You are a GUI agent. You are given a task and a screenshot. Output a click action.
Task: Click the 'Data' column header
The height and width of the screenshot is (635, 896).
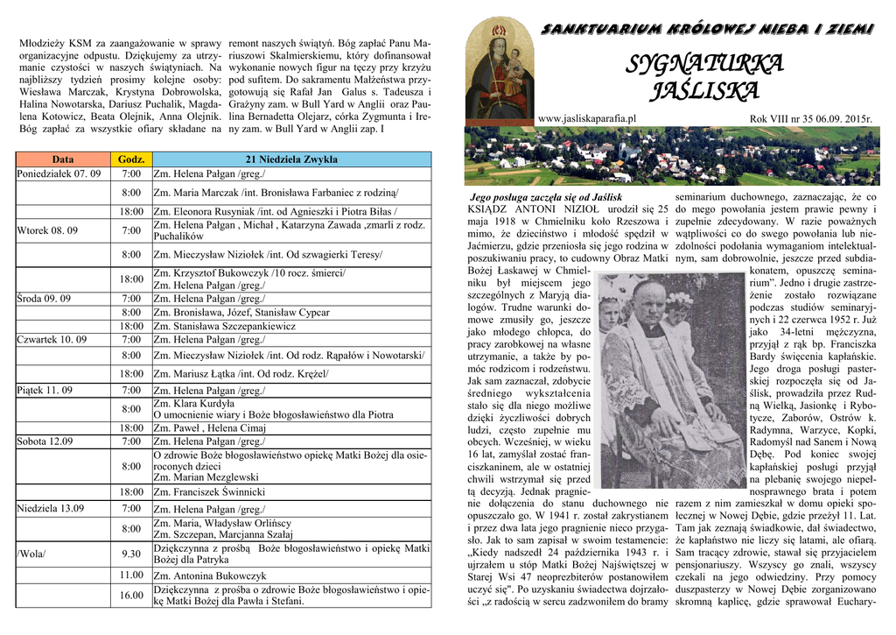click(x=63, y=159)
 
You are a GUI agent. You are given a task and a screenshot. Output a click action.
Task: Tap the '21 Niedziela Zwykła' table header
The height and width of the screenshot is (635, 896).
click(x=291, y=159)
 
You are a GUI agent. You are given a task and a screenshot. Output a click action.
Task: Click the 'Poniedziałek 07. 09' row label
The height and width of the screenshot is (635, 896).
click(x=59, y=173)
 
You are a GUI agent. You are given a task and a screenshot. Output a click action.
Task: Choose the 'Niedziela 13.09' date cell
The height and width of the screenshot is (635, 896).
click(x=50, y=508)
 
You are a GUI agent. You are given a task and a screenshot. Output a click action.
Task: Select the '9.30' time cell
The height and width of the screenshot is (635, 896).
click(x=131, y=554)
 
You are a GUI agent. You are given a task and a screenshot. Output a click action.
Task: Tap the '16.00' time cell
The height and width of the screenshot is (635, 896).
click(x=131, y=596)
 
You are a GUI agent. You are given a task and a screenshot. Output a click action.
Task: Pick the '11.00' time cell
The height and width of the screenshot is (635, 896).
click(x=131, y=575)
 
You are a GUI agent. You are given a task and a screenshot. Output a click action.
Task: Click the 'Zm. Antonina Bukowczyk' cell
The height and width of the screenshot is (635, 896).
click(x=210, y=575)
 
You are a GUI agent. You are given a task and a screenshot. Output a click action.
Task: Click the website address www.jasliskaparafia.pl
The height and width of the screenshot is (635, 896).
click(x=587, y=118)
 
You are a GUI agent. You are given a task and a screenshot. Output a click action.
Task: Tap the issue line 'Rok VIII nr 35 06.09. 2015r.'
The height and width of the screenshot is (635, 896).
click(x=811, y=119)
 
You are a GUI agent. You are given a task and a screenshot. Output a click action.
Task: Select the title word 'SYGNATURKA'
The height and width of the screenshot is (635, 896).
click(x=705, y=64)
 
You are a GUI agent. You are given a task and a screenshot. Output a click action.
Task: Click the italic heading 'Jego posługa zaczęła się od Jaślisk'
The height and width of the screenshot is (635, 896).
click(x=546, y=198)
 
